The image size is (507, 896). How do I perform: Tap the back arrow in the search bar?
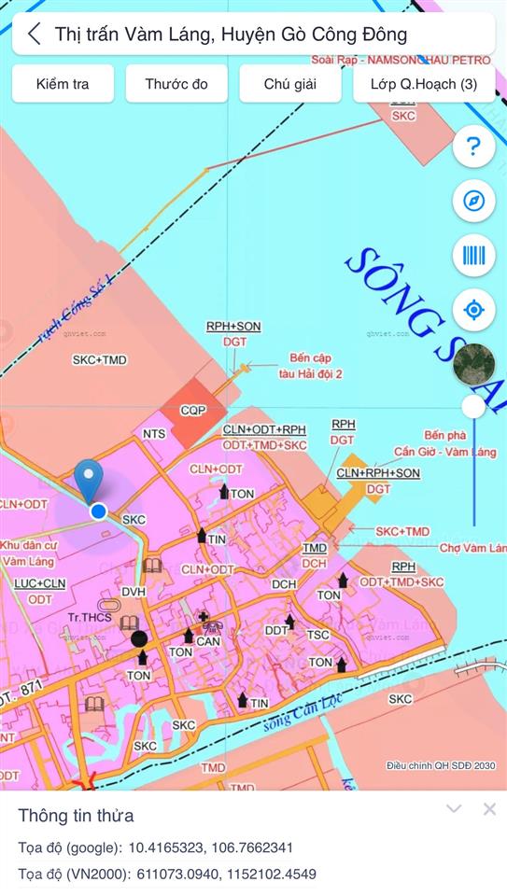(x=34, y=35)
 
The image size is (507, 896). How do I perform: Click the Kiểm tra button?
(x=63, y=84)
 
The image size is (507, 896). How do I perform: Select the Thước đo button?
(x=176, y=84)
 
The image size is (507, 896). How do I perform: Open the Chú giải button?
(x=289, y=84)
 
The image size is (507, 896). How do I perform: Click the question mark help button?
(x=473, y=147)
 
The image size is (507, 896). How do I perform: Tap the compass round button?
(x=473, y=201)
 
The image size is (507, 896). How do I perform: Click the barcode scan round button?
(x=473, y=255)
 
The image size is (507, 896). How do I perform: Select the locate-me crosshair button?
(x=473, y=310)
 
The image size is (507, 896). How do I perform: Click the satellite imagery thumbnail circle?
(x=473, y=366)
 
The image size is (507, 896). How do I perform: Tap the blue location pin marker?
(x=90, y=481)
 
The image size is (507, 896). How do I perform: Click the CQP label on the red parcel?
(x=192, y=410)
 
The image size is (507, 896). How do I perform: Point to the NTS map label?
(x=154, y=434)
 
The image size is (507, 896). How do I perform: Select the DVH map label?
(x=134, y=592)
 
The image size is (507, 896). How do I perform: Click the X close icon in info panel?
(x=489, y=809)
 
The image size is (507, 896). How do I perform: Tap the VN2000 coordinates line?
(x=167, y=875)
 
